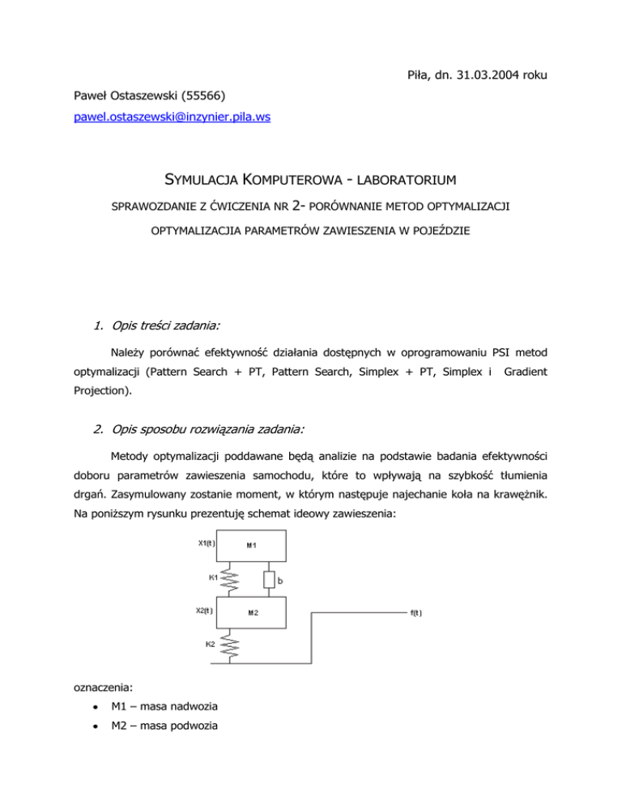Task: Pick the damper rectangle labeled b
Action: tap(271, 579)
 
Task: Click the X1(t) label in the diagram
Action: tap(207, 543)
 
